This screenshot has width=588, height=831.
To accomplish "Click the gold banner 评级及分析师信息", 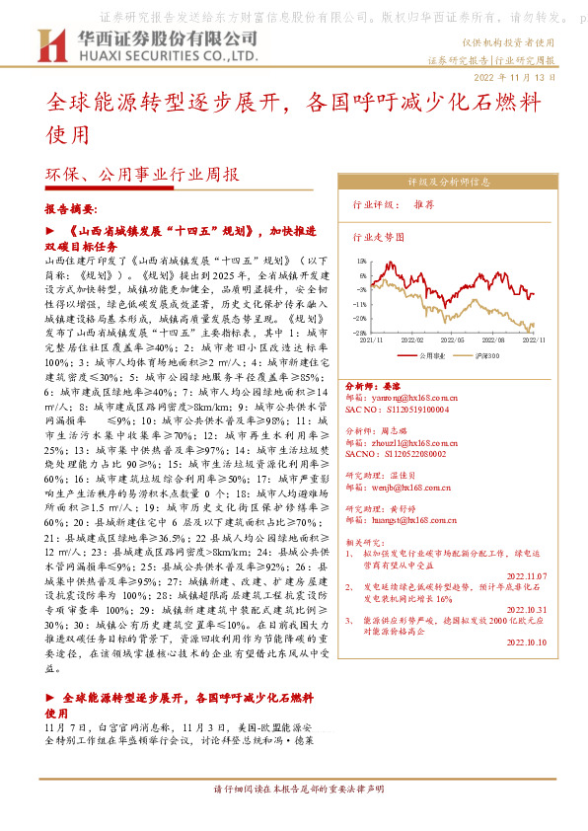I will [448, 183].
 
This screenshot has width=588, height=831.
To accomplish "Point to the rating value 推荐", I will [424, 206].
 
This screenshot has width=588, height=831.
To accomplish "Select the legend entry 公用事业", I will [433, 353].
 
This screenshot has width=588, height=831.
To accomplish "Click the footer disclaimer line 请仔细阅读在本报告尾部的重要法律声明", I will [294, 817].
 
